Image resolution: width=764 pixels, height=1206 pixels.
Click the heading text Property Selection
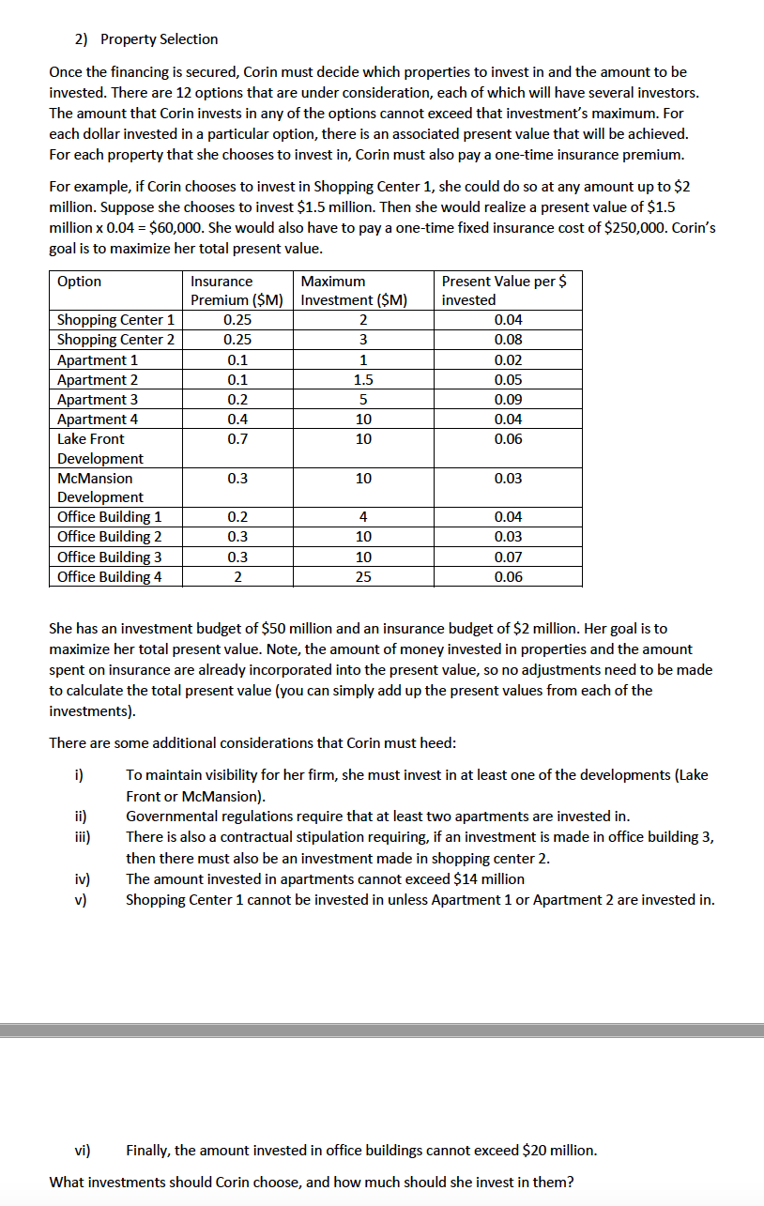[159, 39]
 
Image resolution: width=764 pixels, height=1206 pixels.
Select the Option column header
[80, 282]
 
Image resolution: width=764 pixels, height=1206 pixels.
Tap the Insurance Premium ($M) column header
[237, 290]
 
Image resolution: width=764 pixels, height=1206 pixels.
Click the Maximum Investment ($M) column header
[354, 290]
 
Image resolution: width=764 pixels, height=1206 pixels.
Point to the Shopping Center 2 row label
[115, 340]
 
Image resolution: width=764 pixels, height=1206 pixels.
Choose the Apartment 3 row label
[98, 400]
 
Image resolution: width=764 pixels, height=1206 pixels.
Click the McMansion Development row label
[100, 487]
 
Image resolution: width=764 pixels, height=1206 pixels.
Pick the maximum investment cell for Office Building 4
[362, 577]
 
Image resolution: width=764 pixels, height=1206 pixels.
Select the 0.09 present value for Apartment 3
[508, 400]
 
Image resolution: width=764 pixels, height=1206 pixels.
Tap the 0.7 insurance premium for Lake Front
[237, 439]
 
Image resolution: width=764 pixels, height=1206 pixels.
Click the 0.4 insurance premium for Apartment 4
[237, 420]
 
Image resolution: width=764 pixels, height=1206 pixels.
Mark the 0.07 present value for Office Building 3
[508, 557]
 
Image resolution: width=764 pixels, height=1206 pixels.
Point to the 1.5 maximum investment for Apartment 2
[362, 380]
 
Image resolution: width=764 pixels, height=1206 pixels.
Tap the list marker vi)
[83, 1150]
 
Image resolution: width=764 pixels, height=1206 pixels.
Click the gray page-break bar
[382, 1030]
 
